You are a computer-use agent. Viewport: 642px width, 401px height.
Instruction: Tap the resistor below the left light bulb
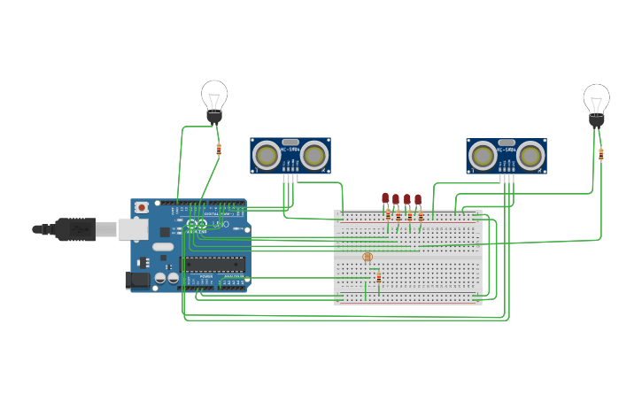click(x=219, y=150)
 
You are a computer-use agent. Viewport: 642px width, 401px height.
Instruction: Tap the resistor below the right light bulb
click(x=600, y=154)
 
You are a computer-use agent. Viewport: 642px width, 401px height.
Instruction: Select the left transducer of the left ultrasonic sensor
click(x=266, y=156)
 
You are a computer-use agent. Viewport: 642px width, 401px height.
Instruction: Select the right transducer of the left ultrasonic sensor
click(x=313, y=156)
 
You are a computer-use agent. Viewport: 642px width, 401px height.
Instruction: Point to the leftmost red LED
click(x=385, y=198)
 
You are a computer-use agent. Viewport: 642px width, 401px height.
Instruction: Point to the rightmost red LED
click(x=418, y=200)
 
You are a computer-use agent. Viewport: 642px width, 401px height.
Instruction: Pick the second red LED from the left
click(x=396, y=200)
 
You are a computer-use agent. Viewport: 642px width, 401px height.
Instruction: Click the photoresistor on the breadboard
click(x=368, y=257)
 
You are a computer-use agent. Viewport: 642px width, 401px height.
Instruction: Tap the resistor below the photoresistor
click(x=379, y=278)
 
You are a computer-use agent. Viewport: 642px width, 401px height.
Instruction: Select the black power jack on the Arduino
click(x=137, y=280)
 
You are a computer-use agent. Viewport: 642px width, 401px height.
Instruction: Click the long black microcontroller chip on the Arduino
click(x=213, y=263)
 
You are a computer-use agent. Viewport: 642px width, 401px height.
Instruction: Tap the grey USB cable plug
click(x=77, y=228)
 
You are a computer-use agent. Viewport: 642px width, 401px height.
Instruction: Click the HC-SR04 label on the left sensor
click(x=290, y=150)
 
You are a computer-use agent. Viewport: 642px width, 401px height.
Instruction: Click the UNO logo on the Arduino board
click(x=219, y=226)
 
